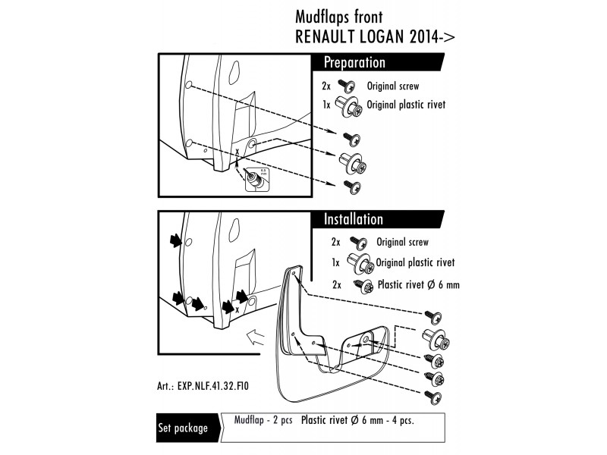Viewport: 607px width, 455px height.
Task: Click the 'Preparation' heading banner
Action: (x=354, y=63)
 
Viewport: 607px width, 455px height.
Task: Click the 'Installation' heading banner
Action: (x=354, y=219)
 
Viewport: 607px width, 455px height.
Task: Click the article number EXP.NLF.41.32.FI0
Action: (x=215, y=384)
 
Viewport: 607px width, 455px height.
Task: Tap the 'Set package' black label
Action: (x=183, y=428)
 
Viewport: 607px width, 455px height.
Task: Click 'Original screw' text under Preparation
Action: (x=392, y=87)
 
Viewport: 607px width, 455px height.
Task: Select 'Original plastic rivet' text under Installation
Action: (x=415, y=263)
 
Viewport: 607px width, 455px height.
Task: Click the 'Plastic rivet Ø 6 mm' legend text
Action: (x=418, y=285)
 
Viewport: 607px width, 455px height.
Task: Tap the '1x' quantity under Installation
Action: (x=335, y=263)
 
